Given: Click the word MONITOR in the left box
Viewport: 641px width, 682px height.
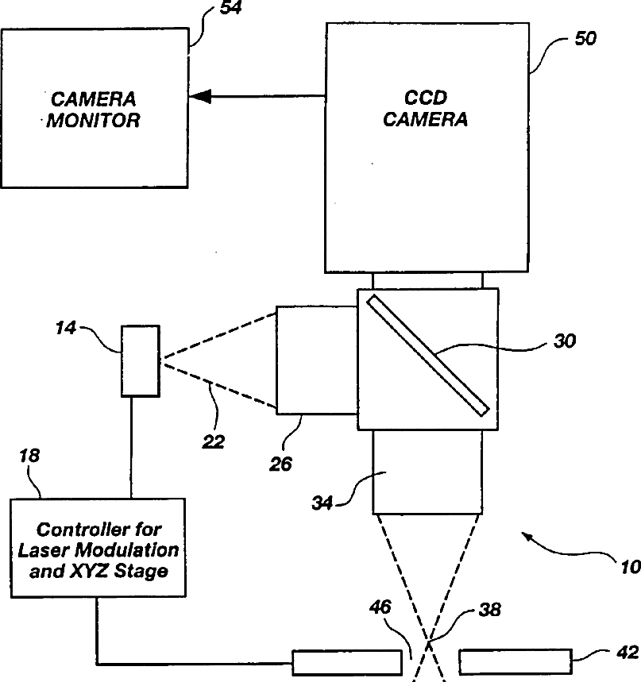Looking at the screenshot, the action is (x=93, y=121).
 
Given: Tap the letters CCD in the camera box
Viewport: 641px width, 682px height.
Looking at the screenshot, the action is (x=426, y=98).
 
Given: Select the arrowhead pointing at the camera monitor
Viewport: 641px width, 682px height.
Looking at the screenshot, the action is (x=200, y=96).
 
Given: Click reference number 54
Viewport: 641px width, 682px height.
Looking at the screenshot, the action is (x=230, y=7).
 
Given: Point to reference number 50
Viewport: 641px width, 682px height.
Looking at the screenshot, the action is (x=585, y=39).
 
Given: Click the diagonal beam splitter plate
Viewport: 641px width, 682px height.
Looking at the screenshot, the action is (x=428, y=356).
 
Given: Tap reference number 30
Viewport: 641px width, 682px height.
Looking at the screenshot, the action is (x=565, y=341).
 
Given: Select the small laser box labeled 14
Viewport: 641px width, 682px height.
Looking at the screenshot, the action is (x=140, y=361).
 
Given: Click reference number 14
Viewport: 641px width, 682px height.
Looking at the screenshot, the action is (x=65, y=328).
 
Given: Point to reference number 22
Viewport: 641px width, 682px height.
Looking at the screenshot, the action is (x=213, y=442).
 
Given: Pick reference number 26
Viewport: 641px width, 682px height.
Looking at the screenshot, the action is (x=280, y=464).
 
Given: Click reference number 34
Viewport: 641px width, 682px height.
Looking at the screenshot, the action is (x=322, y=503).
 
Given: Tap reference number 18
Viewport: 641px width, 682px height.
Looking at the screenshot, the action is (x=29, y=456).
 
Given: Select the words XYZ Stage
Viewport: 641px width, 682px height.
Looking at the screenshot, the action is (x=119, y=571).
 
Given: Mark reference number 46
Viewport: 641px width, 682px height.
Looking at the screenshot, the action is (x=380, y=607).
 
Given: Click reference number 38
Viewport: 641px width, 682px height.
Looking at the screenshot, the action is (x=490, y=610).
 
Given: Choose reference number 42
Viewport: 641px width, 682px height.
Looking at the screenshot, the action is (x=627, y=653).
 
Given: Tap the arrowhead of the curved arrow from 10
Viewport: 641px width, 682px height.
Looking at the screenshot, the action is (x=528, y=538).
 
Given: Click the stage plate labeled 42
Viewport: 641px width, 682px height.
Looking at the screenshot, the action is (x=516, y=661).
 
